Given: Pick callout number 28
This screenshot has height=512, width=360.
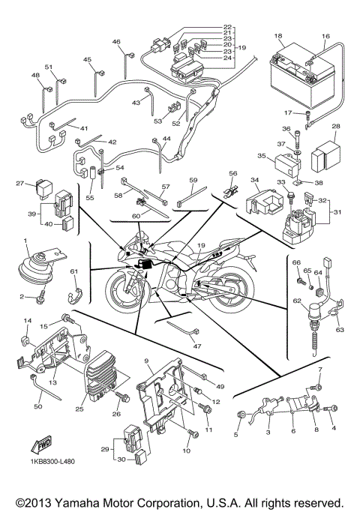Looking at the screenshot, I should coord(337,127).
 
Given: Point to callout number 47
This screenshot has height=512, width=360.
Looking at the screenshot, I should coord(197,346).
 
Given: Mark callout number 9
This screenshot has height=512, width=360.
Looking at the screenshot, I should coord(148,361).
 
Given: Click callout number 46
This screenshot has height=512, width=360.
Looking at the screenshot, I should coord(116,42).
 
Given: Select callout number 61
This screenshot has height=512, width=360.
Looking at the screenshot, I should coord(73,271).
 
